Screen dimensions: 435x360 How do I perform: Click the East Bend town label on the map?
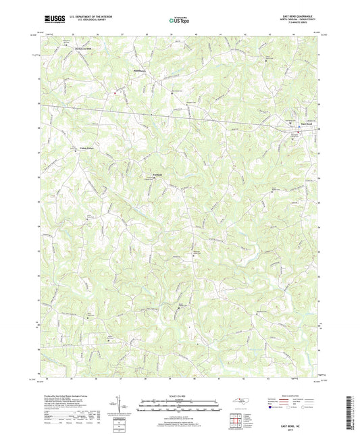tap(306, 124)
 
